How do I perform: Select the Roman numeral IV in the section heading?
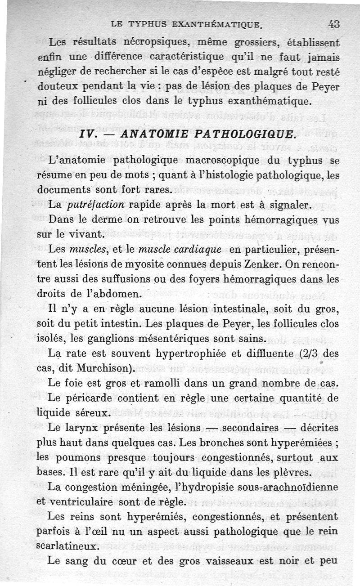86,134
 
